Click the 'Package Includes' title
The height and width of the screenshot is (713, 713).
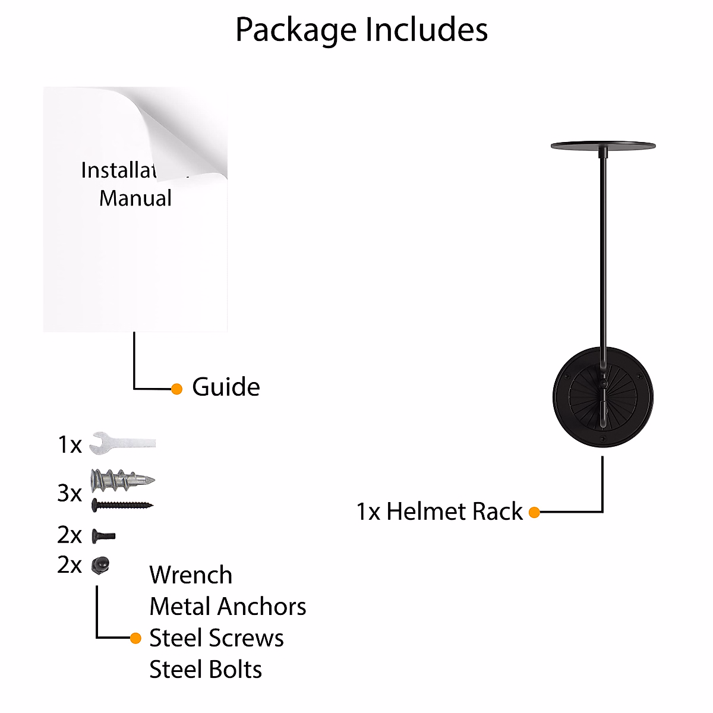(361, 30)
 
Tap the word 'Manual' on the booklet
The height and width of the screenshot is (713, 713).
(135, 198)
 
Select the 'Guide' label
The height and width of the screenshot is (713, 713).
(226, 387)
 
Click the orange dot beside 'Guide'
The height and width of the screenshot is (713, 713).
(176, 389)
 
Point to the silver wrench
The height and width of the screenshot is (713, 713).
(122, 443)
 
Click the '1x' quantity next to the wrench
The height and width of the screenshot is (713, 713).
(70, 445)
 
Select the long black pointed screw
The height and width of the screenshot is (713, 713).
(122, 506)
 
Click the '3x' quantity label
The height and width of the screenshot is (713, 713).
(70, 493)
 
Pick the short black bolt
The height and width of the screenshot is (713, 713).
(103, 536)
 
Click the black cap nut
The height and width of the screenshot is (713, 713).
(100, 564)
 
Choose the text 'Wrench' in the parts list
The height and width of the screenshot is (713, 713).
(191, 575)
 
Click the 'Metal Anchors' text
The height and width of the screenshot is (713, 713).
(228, 607)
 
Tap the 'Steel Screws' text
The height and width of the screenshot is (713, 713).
(216, 638)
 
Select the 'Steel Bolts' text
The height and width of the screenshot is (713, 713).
(206, 670)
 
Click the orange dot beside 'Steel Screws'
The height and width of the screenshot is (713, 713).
(135, 638)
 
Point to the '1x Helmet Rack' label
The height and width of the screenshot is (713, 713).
(439, 512)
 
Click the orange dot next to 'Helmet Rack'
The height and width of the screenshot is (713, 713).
(534, 512)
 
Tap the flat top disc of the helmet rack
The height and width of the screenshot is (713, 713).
(603, 145)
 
